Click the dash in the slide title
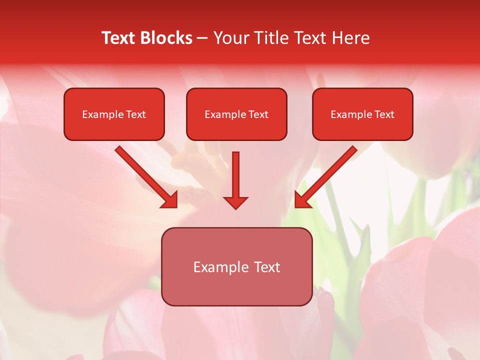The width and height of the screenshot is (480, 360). [x=202, y=38]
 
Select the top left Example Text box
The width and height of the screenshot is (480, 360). [x=114, y=114]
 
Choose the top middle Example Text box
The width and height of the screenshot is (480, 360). [x=236, y=114]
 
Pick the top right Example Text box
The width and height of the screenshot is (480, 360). [x=362, y=114]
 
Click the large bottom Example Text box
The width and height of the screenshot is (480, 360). [x=236, y=266]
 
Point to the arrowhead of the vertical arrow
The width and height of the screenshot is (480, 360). [x=235, y=202]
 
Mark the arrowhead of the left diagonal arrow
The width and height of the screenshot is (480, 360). [x=170, y=200]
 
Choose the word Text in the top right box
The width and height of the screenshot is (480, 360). [x=384, y=114]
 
